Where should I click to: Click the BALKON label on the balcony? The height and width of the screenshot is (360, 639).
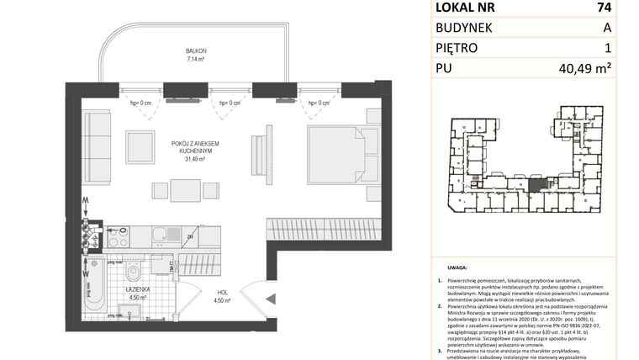click(x=197, y=51)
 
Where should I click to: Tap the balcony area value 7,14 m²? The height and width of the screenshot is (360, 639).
click(x=197, y=61)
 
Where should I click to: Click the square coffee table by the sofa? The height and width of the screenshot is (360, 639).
click(x=140, y=147)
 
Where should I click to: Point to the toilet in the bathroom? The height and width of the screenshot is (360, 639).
click(x=132, y=276)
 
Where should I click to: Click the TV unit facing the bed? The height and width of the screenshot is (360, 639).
click(x=268, y=156)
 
